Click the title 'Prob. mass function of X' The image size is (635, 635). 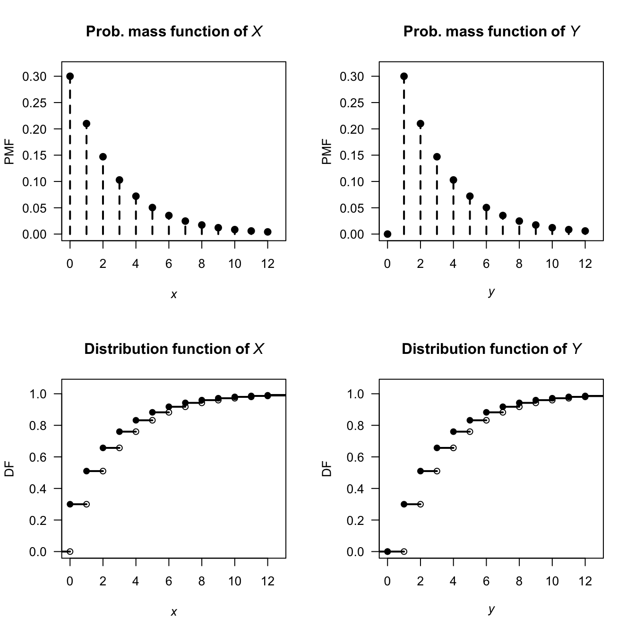[174, 32]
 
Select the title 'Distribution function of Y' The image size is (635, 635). [491, 349]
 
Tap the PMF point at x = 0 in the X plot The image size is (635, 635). [70, 76]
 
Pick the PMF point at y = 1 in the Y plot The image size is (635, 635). [404, 76]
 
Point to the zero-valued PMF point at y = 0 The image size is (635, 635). [387, 234]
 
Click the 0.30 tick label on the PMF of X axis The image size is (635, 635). [34, 77]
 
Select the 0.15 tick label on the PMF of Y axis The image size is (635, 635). [352, 155]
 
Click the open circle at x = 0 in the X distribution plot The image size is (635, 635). [70, 551]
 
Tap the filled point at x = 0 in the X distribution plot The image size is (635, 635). [70, 504]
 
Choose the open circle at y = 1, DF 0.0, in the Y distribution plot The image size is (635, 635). [404, 551]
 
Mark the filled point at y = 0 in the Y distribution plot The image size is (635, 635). [387, 551]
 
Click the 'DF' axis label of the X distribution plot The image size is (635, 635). [9, 469]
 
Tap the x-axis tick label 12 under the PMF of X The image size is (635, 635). [267, 264]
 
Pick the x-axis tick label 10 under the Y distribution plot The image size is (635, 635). [552, 581]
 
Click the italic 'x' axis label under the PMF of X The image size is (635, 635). [174, 295]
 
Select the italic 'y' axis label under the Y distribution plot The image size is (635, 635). [491, 609]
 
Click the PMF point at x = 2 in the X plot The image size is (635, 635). [103, 156]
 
